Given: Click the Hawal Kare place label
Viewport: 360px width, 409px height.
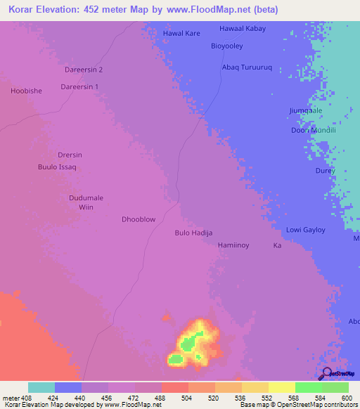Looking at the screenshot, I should click(x=181, y=33).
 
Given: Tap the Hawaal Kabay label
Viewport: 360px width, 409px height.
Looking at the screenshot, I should click(x=243, y=29).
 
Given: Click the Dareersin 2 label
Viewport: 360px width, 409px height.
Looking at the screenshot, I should click(x=84, y=70).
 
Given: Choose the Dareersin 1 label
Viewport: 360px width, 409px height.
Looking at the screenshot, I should click(x=79, y=86).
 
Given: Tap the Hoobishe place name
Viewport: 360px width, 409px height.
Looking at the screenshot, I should click(x=27, y=91).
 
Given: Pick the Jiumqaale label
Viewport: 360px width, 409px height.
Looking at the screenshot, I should click(x=305, y=111).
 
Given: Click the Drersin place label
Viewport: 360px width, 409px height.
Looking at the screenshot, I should click(x=70, y=155).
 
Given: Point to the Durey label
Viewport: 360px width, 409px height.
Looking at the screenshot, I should click(x=324, y=171).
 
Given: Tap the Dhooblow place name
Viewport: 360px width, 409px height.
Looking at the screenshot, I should click(x=139, y=219).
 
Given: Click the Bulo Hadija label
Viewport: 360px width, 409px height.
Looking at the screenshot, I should click(x=193, y=233).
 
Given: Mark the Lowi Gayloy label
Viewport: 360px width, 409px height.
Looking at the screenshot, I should click(x=305, y=231).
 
